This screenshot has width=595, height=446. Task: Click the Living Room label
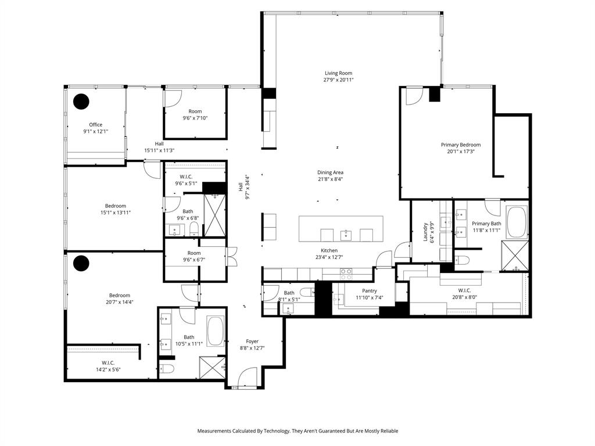click(339, 73)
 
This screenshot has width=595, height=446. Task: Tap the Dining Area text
click(330, 172)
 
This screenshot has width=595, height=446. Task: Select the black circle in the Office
click(81, 102)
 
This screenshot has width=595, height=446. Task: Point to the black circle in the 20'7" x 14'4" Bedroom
click(81, 263)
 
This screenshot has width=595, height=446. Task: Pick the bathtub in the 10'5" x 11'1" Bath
click(215, 332)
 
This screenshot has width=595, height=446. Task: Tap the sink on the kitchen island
click(346, 234)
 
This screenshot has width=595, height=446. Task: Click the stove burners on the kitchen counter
click(346, 272)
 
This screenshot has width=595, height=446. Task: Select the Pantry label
click(369, 291)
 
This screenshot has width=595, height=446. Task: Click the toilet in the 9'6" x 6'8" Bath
click(194, 228)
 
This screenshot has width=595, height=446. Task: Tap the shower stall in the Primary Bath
click(515, 256)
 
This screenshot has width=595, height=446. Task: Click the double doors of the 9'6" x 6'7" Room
click(232, 256)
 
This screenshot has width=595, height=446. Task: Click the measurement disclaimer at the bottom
click(297, 431)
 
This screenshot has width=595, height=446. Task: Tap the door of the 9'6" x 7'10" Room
click(172, 99)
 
